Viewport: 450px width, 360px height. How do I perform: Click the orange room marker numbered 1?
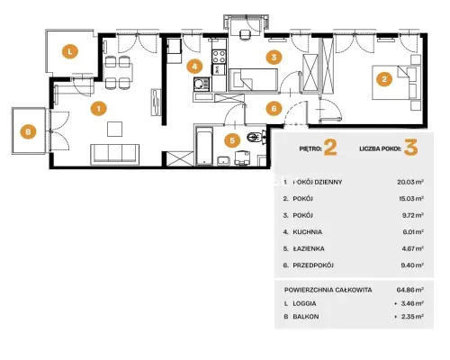(99, 109)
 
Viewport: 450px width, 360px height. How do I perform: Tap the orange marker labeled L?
(70, 51)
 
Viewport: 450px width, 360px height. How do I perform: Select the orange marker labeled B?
(28, 131)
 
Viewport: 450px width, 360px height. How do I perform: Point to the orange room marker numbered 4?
(194, 67)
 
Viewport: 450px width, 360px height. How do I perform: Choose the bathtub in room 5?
(204, 147)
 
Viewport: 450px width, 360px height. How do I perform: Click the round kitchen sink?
(199, 84)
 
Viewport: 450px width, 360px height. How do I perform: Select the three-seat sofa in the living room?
(115, 154)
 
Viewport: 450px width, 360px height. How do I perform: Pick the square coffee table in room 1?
(115, 129)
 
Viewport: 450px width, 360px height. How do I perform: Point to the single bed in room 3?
(253, 80)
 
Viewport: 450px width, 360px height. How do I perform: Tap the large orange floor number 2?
(330, 148)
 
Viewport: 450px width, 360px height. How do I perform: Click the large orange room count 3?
(410, 148)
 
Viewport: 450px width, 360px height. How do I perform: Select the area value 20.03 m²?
(410, 182)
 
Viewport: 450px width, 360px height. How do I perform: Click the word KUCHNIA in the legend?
(308, 232)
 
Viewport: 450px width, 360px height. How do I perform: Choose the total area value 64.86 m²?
(410, 290)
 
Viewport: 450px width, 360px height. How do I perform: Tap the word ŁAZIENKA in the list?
(309, 248)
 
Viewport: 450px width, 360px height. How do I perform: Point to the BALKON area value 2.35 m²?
(412, 316)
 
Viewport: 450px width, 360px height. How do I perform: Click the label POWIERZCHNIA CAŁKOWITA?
(328, 290)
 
